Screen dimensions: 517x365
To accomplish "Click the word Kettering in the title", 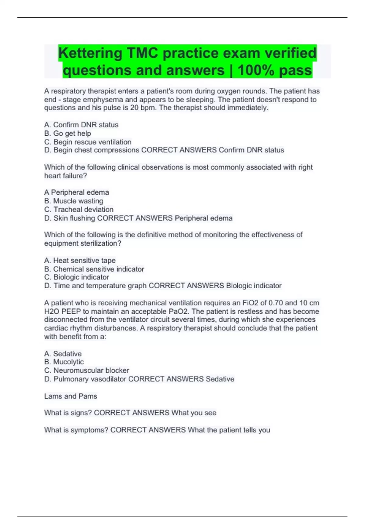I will point(90,53).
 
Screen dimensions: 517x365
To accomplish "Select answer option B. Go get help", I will point(68,133).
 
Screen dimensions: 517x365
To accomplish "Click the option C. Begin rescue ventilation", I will point(88,142).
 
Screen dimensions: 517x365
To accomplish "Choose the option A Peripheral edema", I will point(76,192).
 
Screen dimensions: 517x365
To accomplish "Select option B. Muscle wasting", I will point(74,201).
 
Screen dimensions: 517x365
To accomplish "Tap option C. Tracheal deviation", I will point(79,209).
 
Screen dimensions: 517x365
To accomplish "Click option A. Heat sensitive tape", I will point(80,260).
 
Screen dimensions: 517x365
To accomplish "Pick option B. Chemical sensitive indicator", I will point(94,269).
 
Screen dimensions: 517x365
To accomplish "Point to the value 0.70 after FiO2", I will point(275,303).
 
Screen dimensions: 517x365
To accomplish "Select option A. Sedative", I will point(63,354).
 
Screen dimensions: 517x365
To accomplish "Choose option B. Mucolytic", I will point(64,362).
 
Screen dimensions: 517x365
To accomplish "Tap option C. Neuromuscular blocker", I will point(86,370).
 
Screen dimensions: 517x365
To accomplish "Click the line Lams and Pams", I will point(71,396).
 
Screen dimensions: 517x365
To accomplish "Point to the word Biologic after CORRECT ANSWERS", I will point(239,286).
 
